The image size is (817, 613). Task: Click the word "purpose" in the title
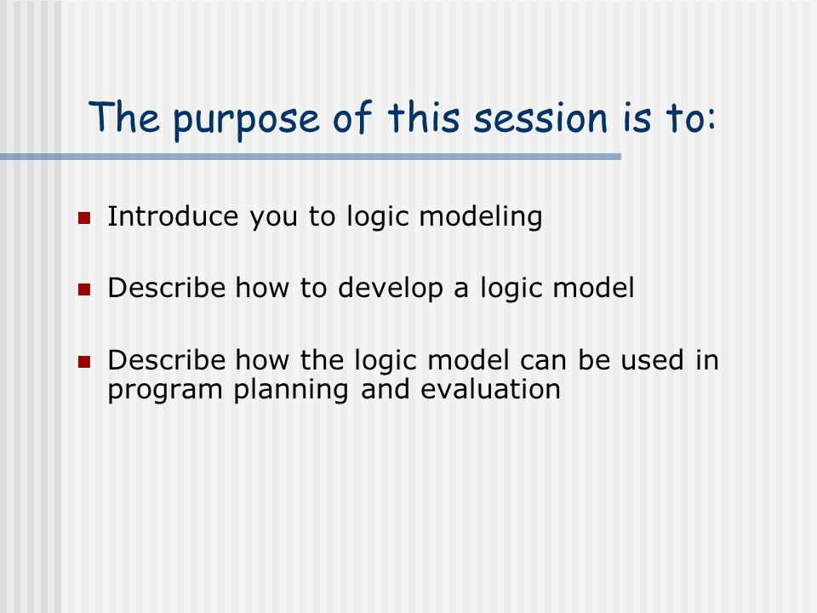[x=246, y=121]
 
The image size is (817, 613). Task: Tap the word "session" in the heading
[x=540, y=117]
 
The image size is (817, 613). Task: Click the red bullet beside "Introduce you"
[x=84, y=217]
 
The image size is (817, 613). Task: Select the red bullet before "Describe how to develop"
[x=84, y=289]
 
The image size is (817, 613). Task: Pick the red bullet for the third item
[x=84, y=361]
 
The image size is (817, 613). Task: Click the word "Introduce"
[x=173, y=215]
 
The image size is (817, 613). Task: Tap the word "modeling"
[x=480, y=217]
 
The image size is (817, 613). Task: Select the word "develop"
[x=391, y=289]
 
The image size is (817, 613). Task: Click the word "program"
[x=165, y=391]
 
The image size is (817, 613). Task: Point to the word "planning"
[x=291, y=390]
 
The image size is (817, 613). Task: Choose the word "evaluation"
[x=490, y=389]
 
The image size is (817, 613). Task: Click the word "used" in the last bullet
[x=652, y=359]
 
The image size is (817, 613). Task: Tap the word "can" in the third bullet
[x=543, y=361]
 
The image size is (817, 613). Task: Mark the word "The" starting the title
[x=124, y=117]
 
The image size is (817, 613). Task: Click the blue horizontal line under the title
[x=311, y=157]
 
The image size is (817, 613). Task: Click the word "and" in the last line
[x=385, y=389]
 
